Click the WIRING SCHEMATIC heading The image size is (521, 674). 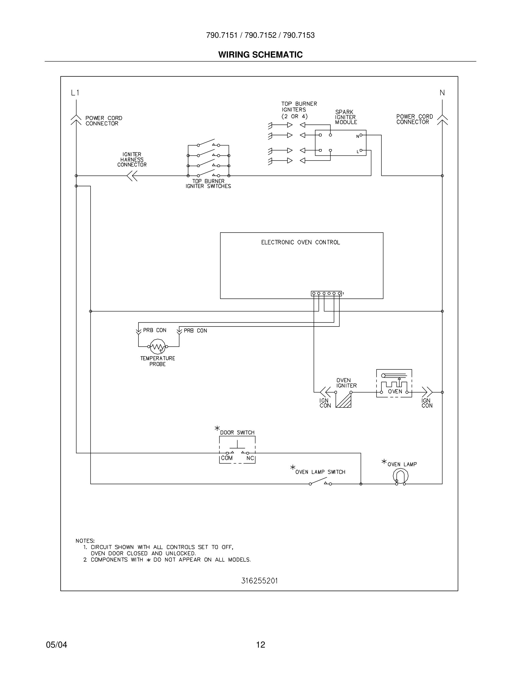pos(260,55)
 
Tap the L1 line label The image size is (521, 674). pos(75,92)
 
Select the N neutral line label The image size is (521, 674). pos(442,92)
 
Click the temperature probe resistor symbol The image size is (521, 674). pos(157,347)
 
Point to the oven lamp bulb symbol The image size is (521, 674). pos(400,477)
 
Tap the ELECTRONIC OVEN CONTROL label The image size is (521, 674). pos(300,242)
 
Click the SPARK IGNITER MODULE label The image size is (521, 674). pos(346,117)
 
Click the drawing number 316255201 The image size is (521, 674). pos(259,581)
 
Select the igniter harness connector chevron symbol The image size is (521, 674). pos(132,176)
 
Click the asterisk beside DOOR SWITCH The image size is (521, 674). pos(217,428)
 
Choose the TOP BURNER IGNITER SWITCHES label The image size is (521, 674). pos(208,184)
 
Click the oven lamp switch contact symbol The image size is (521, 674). pos(320,482)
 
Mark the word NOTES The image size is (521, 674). pos(85,541)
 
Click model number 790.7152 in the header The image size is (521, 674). pos(260,35)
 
